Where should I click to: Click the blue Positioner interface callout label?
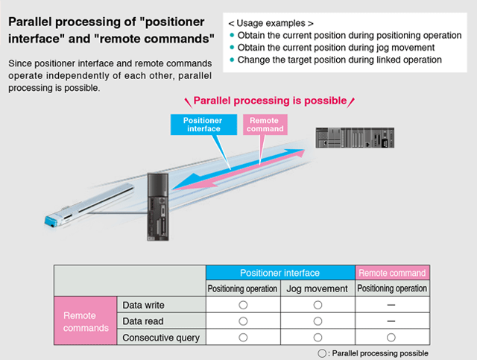[203, 124]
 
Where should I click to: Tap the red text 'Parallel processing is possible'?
[270, 101]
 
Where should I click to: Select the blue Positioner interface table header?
[280, 273]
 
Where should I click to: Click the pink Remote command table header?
[392, 273]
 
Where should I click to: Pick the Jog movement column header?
[318, 288]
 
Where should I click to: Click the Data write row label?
[144, 305]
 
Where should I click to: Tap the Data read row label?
[143, 321]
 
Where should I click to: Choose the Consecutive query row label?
[161, 338]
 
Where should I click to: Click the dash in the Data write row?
[391, 305]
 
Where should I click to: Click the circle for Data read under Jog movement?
[318, 321]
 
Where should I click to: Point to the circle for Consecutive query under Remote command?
[391, 338]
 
